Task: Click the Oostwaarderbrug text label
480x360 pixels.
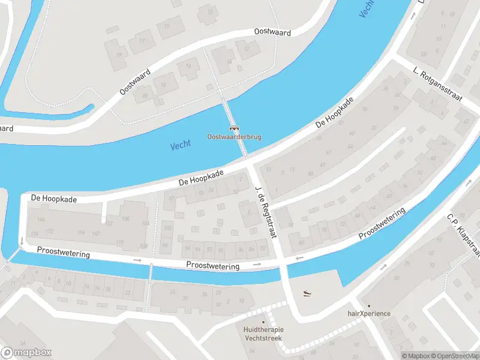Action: [234, 137]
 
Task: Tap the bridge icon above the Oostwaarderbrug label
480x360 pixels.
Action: [234, 127]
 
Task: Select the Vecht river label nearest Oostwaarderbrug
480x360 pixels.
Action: [180, 145]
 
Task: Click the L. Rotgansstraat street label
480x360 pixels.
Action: [437, 85]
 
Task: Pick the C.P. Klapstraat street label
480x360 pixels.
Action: [463, 234]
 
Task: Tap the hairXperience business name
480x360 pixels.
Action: [369, 314]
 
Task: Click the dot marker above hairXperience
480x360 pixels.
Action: [369, 305]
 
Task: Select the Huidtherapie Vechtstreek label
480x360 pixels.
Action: [263, 334]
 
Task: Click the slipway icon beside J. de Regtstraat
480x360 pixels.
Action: [307, 293]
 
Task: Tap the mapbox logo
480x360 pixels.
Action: [26, 352]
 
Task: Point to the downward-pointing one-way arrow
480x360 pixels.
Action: [22, 242]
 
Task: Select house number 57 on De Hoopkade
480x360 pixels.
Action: [172, 198]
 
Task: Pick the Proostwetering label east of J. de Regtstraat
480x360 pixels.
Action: [382, 224]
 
